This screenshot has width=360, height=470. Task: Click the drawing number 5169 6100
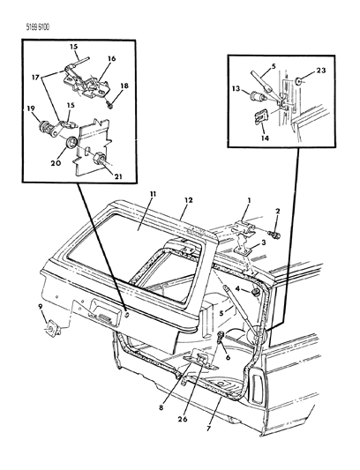37,27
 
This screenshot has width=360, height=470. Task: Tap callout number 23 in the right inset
320,71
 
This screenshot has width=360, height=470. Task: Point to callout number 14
266,138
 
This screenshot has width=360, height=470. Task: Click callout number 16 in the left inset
111,58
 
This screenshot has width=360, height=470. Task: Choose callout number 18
124,86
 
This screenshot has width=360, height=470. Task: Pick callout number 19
30,108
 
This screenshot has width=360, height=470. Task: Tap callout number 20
56,163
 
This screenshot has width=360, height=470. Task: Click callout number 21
117,176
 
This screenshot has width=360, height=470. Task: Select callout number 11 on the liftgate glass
153,195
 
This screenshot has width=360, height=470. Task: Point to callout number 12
189,199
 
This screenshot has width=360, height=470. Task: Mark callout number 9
41,306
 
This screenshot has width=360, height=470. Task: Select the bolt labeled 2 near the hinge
275,235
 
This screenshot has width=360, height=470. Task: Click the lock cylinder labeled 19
46,128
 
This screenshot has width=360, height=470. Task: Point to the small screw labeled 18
109,105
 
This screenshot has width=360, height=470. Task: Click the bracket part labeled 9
53,328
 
